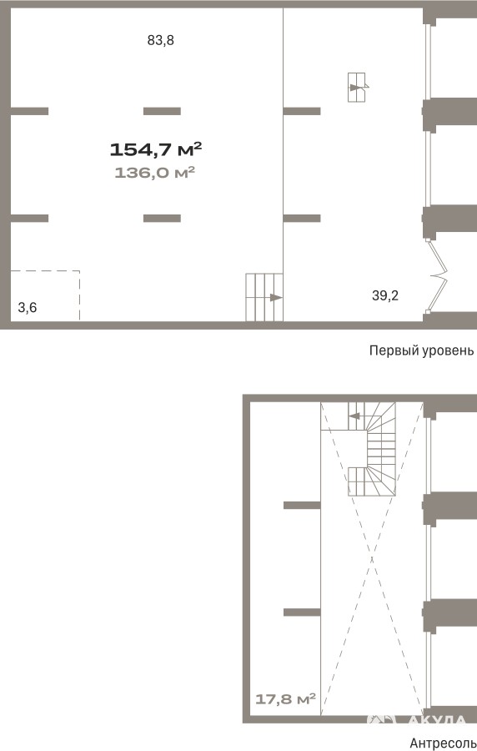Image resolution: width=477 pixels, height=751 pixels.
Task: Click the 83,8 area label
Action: click(160, 41)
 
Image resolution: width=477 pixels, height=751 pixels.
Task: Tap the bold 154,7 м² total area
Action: click(155, 149)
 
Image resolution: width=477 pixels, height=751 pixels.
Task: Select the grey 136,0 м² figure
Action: click(154, 173)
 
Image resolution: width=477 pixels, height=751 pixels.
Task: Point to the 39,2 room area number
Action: click(385, 295)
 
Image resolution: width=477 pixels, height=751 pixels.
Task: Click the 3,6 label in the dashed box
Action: click(28, 307)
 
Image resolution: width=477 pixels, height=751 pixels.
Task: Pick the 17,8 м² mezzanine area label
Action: click(285, 698)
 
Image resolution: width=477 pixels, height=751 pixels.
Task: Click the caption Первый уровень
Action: click(421, 350)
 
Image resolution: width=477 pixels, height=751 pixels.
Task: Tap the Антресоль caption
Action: click(443, 743)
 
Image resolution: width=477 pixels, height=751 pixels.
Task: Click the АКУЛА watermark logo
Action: click(416, 719)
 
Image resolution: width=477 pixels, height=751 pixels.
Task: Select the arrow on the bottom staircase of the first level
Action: click(276, 297)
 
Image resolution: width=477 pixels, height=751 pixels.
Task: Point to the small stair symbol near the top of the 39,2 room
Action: click(356, 87)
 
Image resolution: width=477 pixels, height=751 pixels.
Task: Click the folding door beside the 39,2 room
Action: click(438, 276)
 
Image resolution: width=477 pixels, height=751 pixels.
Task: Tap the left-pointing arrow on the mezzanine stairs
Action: click(354, 416)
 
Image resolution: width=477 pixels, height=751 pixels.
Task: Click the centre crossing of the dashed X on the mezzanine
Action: click(372, 558)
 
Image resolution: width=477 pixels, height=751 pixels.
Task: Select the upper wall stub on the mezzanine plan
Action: click(302, 506)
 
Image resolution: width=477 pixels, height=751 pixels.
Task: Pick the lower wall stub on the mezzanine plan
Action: click(302, 612)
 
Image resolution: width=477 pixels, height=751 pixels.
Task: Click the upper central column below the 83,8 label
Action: click(162, 111)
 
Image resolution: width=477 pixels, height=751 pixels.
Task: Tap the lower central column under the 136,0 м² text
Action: click(162, 219)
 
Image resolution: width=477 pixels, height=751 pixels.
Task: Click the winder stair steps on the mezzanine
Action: click(381, 449)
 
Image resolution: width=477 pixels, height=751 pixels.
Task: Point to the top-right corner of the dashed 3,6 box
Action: click(79, 271)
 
